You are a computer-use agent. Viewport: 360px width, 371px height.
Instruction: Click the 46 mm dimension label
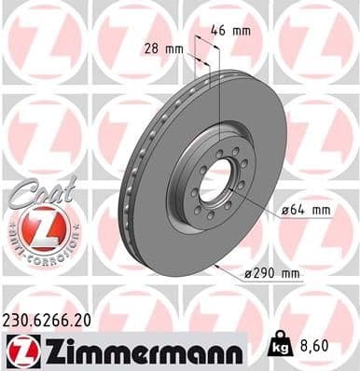[232, 31]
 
